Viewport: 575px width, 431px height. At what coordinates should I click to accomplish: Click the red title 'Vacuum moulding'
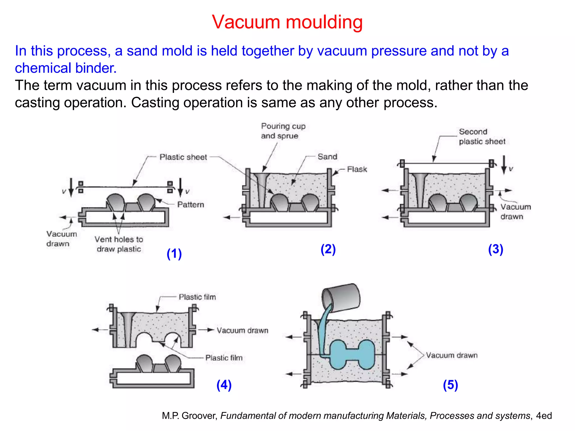pos(287,22)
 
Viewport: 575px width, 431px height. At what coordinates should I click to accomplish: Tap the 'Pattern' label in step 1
pos(190,205)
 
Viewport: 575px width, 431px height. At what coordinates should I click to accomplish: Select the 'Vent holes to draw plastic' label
pos(119,244)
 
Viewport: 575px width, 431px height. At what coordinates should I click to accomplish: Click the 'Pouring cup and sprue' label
pos(283,131)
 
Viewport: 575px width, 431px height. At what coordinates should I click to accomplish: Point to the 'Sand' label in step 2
pos(327,157)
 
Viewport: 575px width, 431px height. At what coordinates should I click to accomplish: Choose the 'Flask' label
pos(357,169)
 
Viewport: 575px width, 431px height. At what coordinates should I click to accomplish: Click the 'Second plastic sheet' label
pos(482,136)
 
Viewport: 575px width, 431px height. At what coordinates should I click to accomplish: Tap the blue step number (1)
pos(174,254)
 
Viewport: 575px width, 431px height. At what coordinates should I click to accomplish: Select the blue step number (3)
pos(496,249)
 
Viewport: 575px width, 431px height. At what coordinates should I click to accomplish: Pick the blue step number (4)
pos(224,385)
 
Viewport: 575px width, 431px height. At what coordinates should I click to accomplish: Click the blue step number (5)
pos(450,385)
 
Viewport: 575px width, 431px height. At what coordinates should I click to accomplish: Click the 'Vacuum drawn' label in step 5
pos(451,355)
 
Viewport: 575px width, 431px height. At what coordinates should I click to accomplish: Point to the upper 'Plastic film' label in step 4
pos(197,297)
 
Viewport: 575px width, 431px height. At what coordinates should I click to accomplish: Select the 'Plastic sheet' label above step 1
pos(183,157)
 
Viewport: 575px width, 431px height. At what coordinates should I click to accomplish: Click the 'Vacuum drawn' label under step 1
pos(61,239)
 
